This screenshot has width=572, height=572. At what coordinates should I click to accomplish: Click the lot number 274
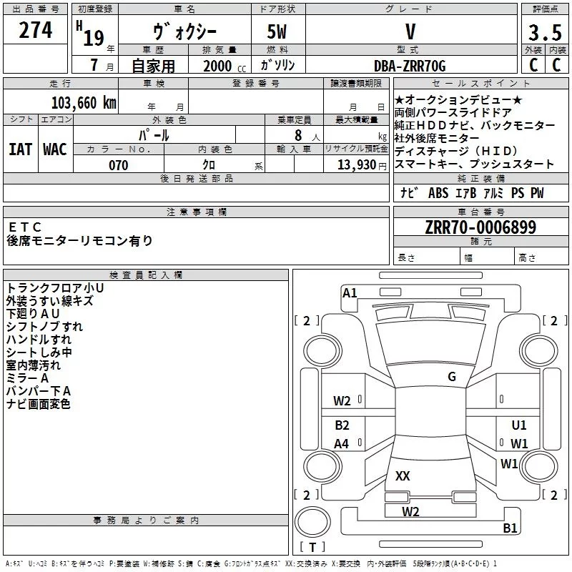[36, 31]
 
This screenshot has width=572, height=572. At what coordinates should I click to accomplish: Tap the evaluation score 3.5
[544, 33]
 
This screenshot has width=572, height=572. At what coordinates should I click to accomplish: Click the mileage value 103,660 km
[83, 102]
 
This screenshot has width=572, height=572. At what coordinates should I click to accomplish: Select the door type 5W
[278, 33]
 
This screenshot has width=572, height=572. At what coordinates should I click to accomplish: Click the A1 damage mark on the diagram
[350, 292]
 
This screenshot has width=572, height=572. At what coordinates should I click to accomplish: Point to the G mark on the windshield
[452, 377]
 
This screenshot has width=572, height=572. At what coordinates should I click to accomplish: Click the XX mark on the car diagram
[403, 476]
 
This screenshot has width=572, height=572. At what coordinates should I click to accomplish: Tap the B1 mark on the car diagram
[510, 528]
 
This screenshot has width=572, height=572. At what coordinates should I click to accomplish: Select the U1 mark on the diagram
[519, 425]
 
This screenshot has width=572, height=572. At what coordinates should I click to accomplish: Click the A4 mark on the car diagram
[342, 444]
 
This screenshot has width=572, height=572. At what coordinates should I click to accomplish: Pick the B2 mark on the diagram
[342, 425]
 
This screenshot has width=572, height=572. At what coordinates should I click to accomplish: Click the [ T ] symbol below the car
[312, 548]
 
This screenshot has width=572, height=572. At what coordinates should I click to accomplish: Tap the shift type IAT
[20, 149]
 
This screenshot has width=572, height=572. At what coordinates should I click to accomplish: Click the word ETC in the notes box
[26, 227]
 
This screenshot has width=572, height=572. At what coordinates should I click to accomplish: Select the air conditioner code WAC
[55, 149]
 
